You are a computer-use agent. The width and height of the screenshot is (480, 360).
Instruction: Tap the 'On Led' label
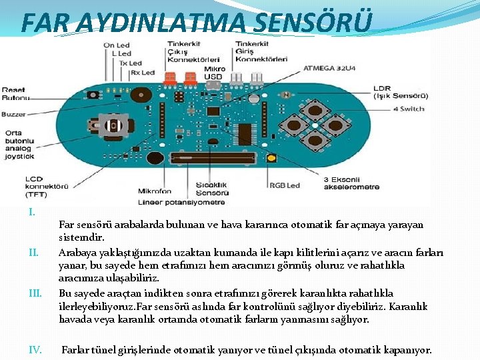coord(117,45)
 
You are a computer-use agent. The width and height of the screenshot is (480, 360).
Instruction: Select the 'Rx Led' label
coord(142,72)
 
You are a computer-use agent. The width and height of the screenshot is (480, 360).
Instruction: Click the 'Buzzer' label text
coord(13,114)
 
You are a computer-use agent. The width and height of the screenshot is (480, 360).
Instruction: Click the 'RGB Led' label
coord(285,185)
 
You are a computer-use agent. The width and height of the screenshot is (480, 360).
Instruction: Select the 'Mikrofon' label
coord(155,191)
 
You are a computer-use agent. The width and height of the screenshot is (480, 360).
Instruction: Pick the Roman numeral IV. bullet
coord(37,349)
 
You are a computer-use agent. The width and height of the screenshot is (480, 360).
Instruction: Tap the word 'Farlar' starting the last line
coord(77,349)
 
